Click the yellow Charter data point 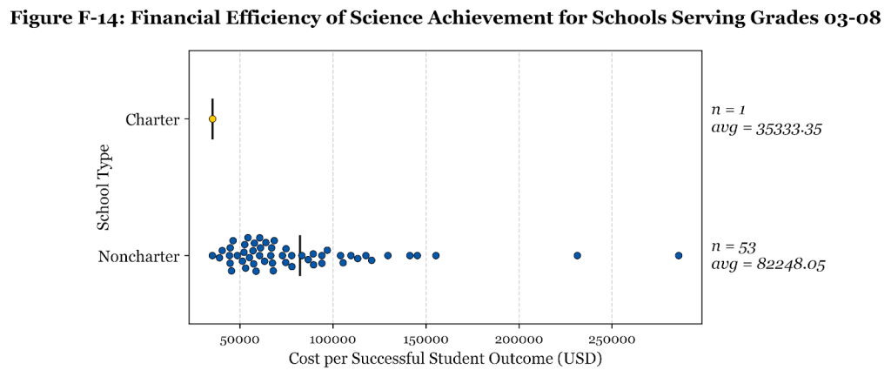(x=212, y=119)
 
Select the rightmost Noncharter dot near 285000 (x=679, y=255)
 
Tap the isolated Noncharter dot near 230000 (x=577, y=255)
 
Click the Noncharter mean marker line (x=300, y=255)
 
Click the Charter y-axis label (x=152, y=119)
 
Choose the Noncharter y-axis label (x=138, y=256)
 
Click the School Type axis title (x=104, y=187)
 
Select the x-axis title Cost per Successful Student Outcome (x=445, y=358)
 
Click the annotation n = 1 (x=729, y=110)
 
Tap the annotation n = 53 (x=733, y=246)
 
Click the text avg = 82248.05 (x=767, y=265)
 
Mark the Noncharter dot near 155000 (x=436, y=255)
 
